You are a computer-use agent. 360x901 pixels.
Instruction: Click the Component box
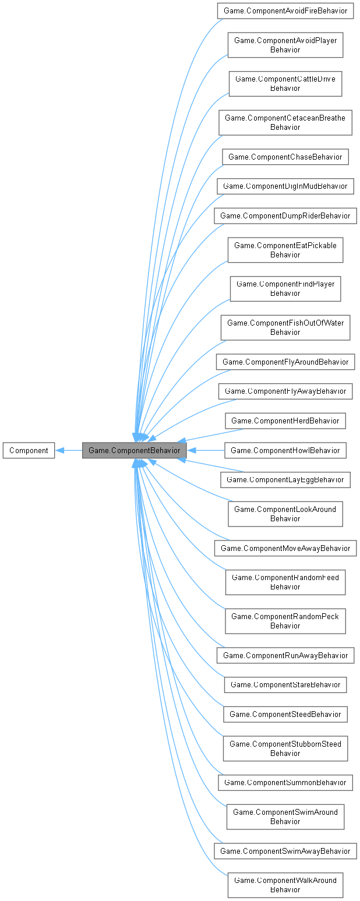[29, 450]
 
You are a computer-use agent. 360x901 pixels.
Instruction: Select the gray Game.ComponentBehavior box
[135, 450]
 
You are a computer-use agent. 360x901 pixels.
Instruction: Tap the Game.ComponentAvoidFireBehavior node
[285, 10]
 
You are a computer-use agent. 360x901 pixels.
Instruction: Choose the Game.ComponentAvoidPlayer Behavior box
[285, 45]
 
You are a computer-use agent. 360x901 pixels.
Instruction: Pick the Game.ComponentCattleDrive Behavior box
[285, 83]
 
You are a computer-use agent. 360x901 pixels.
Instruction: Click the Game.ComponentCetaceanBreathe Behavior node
[285, 122]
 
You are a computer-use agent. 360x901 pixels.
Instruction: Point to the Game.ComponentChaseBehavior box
[285, 157]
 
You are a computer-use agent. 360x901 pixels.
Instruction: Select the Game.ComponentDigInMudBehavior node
[285, 186]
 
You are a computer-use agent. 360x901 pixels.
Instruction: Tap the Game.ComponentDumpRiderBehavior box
[285, 215]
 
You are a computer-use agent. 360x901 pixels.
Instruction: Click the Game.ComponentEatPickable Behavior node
[285, 250]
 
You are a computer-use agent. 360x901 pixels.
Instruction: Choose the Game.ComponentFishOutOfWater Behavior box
[285, 327]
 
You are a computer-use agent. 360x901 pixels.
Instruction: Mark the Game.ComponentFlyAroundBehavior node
[285, 362]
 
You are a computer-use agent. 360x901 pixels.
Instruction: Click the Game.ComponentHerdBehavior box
[285, 420]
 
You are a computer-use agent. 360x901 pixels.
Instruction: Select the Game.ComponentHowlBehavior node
[285, 450]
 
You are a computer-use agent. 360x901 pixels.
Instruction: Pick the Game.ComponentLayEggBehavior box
[285, 479]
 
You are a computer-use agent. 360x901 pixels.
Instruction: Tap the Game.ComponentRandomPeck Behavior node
[285, 621]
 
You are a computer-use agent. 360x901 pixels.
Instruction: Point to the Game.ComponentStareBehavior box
[285, 684]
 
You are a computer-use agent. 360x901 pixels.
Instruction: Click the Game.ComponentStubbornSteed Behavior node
[285, 748]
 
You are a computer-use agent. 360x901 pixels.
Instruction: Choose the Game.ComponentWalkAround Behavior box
[285, 884]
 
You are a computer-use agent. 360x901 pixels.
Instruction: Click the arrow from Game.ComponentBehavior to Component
[69, 450]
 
